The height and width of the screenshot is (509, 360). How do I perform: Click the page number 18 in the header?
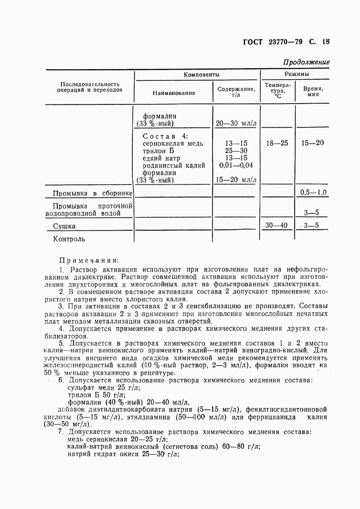coord(326,42)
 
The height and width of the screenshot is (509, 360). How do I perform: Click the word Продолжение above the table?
coord(306,62)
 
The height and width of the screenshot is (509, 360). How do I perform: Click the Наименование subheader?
coord(174,93)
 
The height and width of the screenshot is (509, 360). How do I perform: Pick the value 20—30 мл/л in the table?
coord(236,124)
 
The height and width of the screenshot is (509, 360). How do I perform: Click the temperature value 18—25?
coord(277,143)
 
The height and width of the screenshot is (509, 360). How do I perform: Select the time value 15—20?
coord(312,143)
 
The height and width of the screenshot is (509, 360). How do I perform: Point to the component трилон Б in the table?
coord(158,151)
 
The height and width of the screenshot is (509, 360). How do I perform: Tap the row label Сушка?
coord(64,226)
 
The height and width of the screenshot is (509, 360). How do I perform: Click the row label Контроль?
coord(69,239)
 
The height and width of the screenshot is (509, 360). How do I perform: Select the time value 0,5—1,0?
coord(313,193)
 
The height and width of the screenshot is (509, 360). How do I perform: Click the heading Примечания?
coord(89,260)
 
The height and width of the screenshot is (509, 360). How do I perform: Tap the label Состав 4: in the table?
coord(165,136)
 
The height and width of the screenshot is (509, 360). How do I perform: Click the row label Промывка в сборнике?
coord(92,193)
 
